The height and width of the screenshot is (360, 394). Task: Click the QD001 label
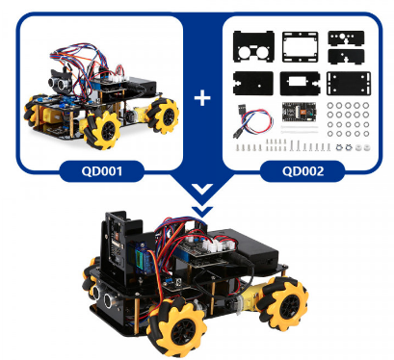102,171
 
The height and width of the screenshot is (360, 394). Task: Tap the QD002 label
303,171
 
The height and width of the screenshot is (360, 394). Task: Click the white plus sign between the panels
202,98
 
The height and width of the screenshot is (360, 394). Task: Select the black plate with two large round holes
253,47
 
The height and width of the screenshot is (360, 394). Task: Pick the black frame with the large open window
301,47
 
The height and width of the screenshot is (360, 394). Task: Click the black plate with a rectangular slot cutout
300,84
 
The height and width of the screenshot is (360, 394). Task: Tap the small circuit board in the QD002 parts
299,114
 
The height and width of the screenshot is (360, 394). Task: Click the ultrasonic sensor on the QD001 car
60,82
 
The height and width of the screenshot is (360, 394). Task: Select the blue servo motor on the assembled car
142,259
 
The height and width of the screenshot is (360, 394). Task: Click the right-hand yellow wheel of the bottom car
284,303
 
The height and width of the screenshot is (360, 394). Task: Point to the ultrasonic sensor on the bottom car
103,295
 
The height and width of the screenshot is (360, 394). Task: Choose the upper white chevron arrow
202,189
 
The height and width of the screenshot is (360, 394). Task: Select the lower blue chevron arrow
202,211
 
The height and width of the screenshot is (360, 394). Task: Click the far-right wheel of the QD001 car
165,116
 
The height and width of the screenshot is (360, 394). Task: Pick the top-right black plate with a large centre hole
346,38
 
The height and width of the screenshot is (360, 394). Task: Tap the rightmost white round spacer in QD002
366,148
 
